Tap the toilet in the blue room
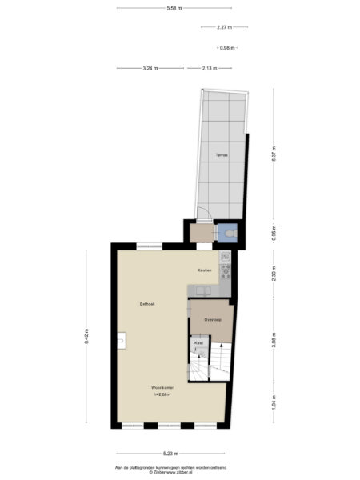pos(230,233)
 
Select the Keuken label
pos(205,271)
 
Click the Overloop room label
pos(212,319)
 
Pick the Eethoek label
pos(147,304)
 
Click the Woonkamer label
pos(162,387)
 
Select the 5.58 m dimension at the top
pos(174,8)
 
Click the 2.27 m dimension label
pos(223,28)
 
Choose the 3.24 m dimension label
pos(149,68)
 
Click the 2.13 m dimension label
pos(210,68)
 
